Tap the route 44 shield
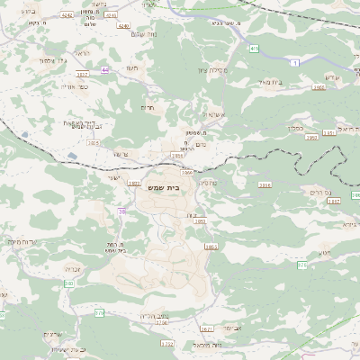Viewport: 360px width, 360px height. [105, 68]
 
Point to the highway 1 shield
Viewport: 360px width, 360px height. [293, 62]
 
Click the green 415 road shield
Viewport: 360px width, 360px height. [255, 48]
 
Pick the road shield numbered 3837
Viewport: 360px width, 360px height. [83, 75]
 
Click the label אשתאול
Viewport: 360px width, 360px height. [212, 114]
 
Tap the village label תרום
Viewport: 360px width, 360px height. [148, 106]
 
